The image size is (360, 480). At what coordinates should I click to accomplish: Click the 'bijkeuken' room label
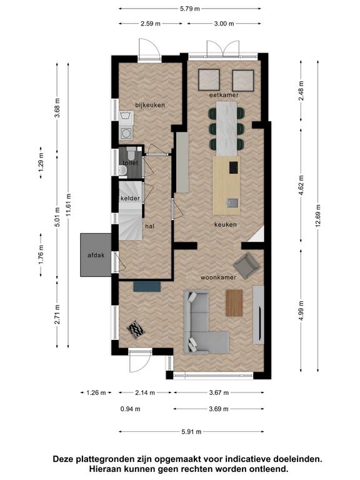[150, 105]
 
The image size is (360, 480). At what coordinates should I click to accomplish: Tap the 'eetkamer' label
[224, 95]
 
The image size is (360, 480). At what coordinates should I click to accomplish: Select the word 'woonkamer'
[218, 277]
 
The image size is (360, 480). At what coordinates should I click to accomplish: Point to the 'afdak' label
[96, 255]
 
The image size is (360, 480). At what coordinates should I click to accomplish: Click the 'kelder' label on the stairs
[131, 198]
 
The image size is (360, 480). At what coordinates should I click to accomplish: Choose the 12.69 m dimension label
[318, 216]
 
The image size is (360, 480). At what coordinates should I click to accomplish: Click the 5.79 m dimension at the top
[190, 9]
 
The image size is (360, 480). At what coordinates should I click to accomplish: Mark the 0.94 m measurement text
[131, 409]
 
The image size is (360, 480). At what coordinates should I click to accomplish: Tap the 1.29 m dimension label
[41, 162]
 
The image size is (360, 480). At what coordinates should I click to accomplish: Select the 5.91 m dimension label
[191, 432]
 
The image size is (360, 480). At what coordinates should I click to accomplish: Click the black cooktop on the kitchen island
[234, 167]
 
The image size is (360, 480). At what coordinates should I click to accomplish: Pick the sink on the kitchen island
[232, 202]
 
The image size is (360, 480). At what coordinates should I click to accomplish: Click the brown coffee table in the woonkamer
[234, 303]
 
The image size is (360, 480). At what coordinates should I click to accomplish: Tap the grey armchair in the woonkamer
[246, 266]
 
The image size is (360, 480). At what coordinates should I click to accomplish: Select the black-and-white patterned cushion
[136, 329]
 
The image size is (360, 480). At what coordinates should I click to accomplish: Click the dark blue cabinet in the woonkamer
[147, 286]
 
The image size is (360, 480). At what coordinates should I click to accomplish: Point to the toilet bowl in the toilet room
[132, 151]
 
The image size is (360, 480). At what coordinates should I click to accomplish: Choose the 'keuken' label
[225, 225]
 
